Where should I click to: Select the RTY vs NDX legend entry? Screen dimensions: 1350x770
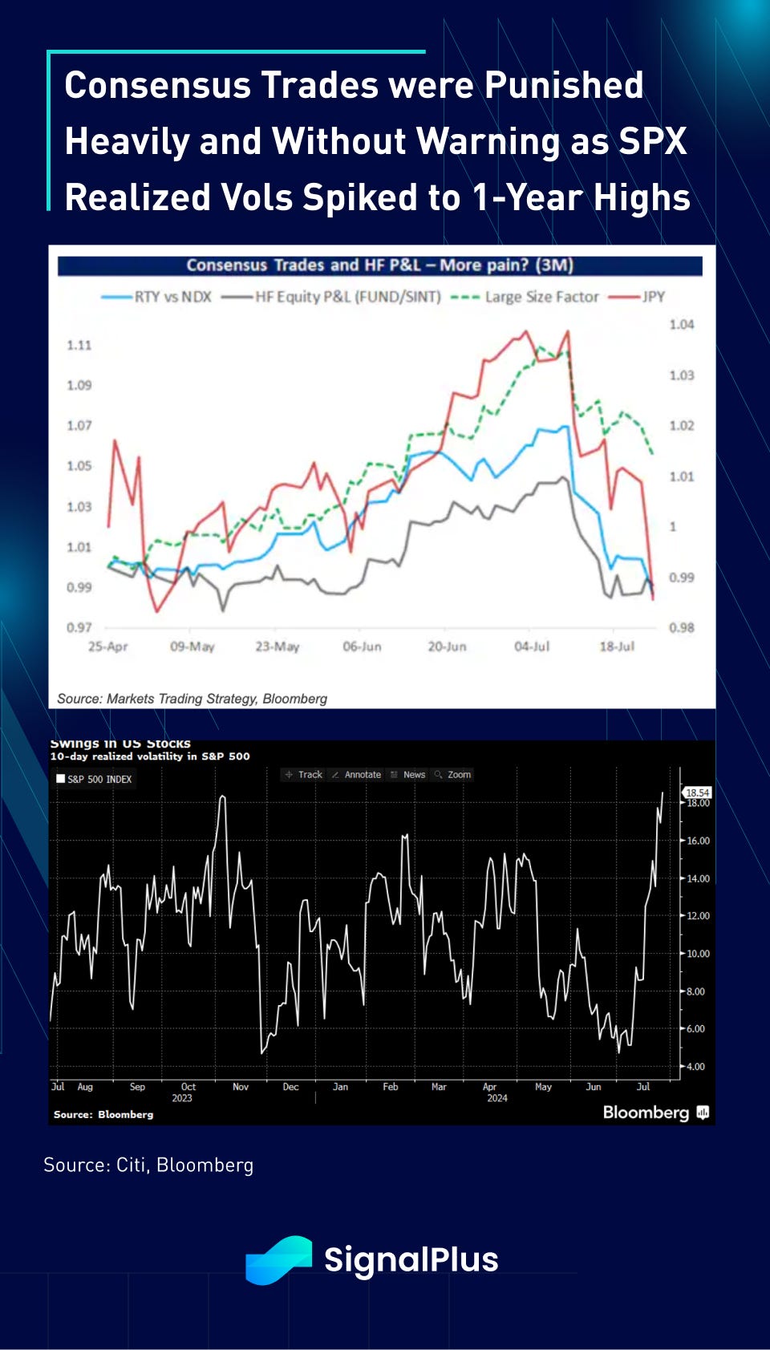coord(172,297)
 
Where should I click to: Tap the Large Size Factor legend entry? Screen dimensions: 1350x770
coord(541,297)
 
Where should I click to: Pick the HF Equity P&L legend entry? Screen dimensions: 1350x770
coord(347,297)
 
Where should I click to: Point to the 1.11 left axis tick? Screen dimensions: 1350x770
coord(79,345)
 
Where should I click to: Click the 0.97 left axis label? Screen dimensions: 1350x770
coord(79,627)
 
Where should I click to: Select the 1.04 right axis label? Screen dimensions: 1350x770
coord(682,324)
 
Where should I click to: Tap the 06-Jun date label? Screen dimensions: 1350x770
coord(362,647)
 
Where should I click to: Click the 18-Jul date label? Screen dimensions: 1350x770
coord(617,647)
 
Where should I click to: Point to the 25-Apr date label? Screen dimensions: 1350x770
coord(107,647)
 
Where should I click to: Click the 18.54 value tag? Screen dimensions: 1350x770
coord(697,793)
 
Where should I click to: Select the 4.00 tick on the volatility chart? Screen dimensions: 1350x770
coord(695,1066)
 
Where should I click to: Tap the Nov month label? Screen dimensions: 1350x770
coord(241,1087)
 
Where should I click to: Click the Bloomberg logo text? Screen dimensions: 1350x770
coord(646,1113)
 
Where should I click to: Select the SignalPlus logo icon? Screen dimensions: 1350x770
coord(278,1259)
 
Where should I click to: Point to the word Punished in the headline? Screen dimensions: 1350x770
coord(564,85)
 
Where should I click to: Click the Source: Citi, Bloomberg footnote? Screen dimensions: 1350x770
coord(148,1165)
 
